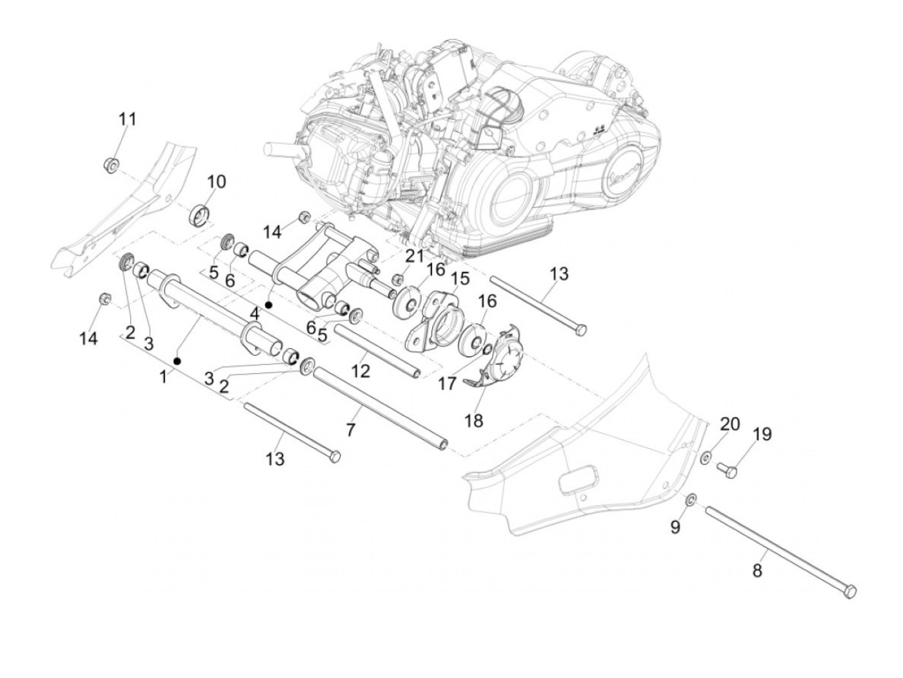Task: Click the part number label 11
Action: coord(127,120)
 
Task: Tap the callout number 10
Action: coord(216,182)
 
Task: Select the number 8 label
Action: coord(757,570)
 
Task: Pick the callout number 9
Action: coord(675,527)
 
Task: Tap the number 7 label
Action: coord(350,429)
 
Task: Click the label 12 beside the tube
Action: coord(361,371)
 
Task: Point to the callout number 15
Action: coord(461,279)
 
